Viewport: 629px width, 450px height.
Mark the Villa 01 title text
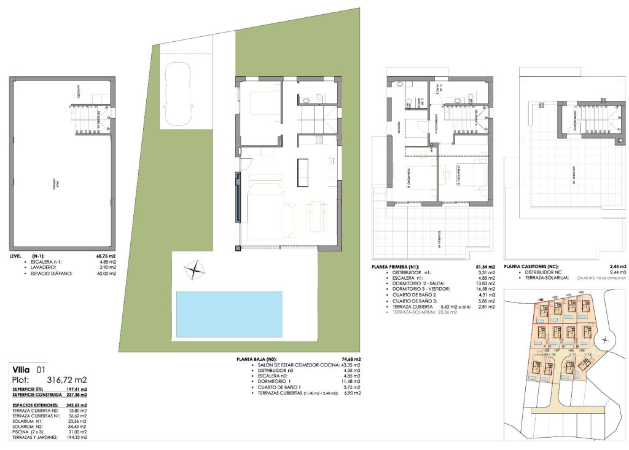tap(29, 369)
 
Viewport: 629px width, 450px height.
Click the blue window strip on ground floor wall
tap(236, 197)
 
